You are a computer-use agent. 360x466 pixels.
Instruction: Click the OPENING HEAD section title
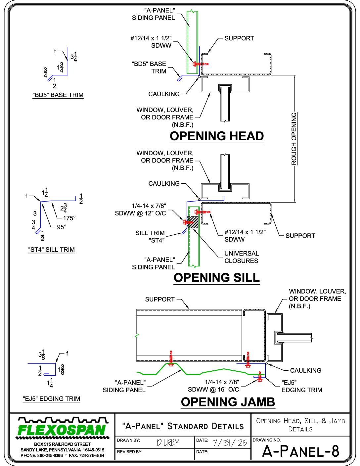pyautogui.click(x=216, y=136)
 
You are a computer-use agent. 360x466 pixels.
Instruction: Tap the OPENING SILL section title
pyautogui.click(x=216, y=278)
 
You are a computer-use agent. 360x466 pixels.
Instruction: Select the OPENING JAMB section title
pyautogui.click(x=228, y=402)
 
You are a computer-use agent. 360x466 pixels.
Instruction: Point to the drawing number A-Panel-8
pyautogui.click(x=301, y=451)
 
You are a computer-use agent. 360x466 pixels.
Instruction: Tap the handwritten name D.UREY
pyautogui.click(x=168, y=443)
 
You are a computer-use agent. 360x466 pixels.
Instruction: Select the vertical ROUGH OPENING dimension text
pyautogui.click(x=294, y=139)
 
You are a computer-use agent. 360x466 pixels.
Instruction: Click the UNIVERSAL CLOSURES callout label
pyautogui.click(x=242, y=257)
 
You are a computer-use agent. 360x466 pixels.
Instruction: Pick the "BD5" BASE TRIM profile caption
pyautogui.click(x=58, y=95)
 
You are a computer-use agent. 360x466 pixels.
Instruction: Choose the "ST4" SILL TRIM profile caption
pyautogui.click(x=52, y=250)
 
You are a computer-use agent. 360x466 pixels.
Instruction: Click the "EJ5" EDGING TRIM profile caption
pyautogui.click(x=52, y=399)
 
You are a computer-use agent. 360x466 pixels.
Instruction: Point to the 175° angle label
pyautogui.click(x=69, y=218)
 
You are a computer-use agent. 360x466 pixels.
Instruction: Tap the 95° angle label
pyautogui.click(x=62, y=227)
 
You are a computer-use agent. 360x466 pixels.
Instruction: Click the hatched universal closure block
pyautogui.click(x=193, y=222)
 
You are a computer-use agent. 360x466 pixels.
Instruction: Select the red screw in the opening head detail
pyautogui.click(x=201, y=64)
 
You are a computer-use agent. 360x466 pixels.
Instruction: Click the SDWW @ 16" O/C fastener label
pyautogui.click(x=213, y=390)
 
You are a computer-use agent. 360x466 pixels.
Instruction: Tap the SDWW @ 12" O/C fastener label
pyautogui.click(x=140, y=213)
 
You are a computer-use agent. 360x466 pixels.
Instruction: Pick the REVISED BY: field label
pyautogui.click(x=129, y=452)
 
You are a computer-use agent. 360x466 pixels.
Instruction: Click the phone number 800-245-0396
pyautogui.click(x=50, y=455)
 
